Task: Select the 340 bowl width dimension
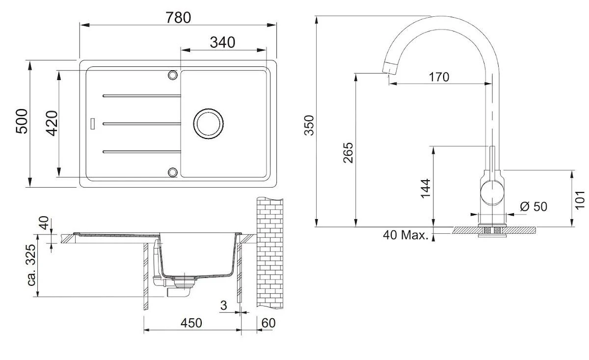pos(222,42)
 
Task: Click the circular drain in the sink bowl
pos(208,123)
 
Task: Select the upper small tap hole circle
pos(172,75)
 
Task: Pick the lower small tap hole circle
pos(172,171)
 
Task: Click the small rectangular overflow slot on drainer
pos(93,123)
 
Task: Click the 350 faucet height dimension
pos(308,126)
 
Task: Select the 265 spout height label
pos(348,153)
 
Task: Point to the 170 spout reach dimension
pos(438,77)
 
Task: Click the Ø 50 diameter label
pos(533,206)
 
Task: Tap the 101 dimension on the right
pos(581,199)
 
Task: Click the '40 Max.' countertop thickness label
pos(405,235)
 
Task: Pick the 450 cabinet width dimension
pos(191,323)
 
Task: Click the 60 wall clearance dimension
pos(269,323)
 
